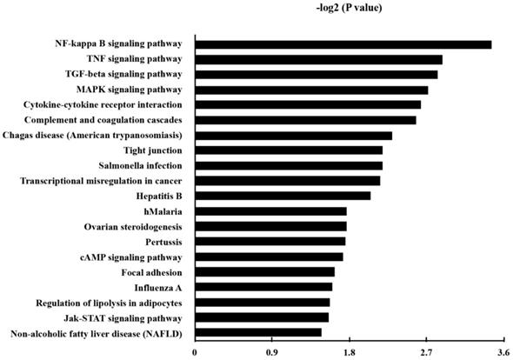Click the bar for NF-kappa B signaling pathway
[x=343, y=44]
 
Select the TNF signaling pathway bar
[x=318, y=59]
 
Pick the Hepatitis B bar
[x=283, y=196]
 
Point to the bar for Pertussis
[x=270, y=241]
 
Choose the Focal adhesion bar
[x=264, y=271]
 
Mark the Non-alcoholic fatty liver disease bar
[x=258, y=332]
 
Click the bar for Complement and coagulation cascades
[x=305, y=120]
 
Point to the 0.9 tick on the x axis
[x=271, y=353]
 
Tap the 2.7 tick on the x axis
[x=426, y=353]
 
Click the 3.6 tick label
[x=503, y=353]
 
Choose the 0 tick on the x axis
[x=195, y=353]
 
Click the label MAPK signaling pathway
[x=130, y=90]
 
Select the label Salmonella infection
[x=141, y=165]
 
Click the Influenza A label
[x=157, y=287]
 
